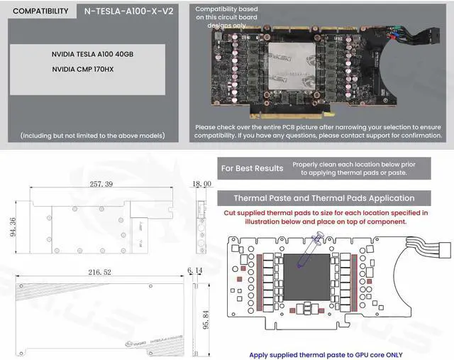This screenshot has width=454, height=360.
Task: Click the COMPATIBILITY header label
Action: point(40,11)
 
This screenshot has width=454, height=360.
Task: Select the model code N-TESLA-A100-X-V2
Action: point(128,11)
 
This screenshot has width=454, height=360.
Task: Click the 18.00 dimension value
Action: point(202,183)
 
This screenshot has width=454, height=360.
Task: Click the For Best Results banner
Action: point(253,168)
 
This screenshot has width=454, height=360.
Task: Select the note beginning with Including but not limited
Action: point(93,135)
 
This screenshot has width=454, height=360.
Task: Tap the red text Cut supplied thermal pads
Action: point(326,217)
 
